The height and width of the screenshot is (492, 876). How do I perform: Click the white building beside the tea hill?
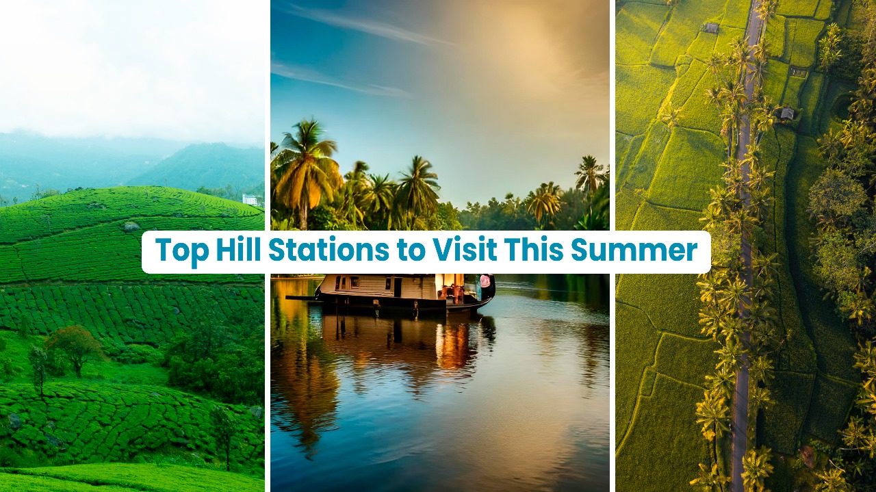tap(251, 199)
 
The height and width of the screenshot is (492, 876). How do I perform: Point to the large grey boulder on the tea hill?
tap(131, 226)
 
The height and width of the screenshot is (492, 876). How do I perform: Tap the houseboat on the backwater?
tap(404, 291)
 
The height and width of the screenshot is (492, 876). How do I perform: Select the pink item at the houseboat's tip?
tap(485, 281)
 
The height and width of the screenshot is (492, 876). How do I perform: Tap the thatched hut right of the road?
tap(787, 114)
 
